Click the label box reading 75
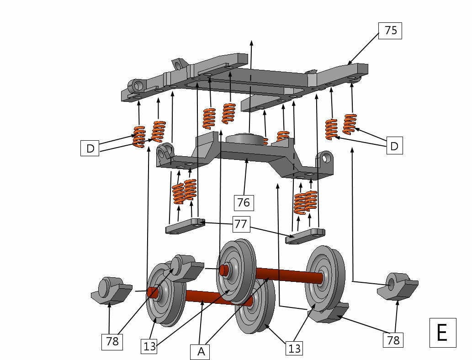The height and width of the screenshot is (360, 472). pyautogui.click(x=390, y=31)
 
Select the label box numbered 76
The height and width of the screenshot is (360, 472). pyautogui.click(x=243, y=202)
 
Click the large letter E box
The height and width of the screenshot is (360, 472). pyautogui.click(x=442, y=333)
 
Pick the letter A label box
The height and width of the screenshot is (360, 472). pyautogui.click(x=201, y=352)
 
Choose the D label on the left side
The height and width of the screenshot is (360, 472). pyautogui.click(x=90, y=148)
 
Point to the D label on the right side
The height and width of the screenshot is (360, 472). pyautogui.click(x=394, y=146)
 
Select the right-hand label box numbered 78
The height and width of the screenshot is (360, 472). pyautogui.click(x=393, y=340)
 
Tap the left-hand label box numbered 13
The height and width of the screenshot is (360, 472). pyautogui.click(x=150, y=346)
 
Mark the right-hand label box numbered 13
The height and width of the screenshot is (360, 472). pyautogui.click(x=295, y=349)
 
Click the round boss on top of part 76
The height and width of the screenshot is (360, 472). pyautogui.click(x=246, y=139)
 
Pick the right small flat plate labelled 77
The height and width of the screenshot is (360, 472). pyautogui.click(x=305, y=236)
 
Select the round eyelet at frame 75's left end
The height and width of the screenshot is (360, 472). pyautogui.click(x=137, y=85)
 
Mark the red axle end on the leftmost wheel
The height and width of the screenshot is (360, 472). pyautogui.click(x=153, y=291)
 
